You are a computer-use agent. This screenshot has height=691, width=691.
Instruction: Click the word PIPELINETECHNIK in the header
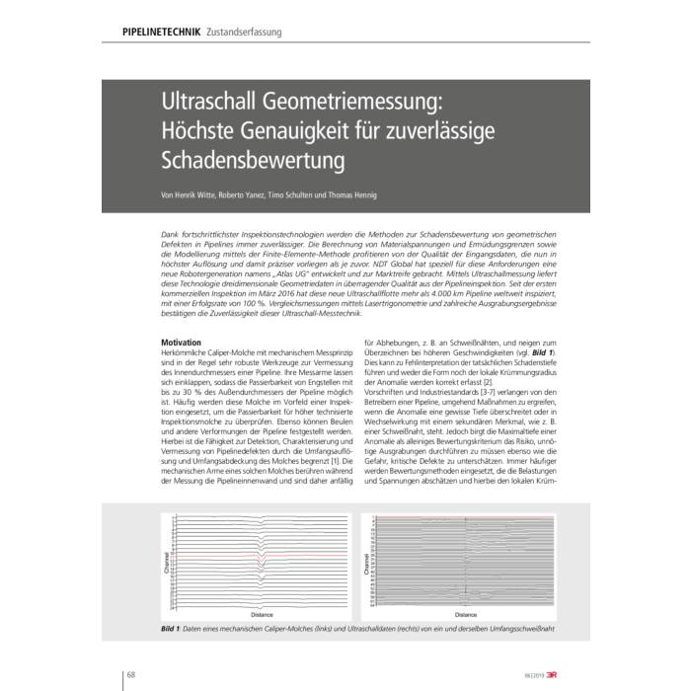[162, 33]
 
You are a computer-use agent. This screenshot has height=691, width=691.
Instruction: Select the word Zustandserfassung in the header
[244, 33]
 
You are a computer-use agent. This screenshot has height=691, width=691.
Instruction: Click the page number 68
[131, 674]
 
